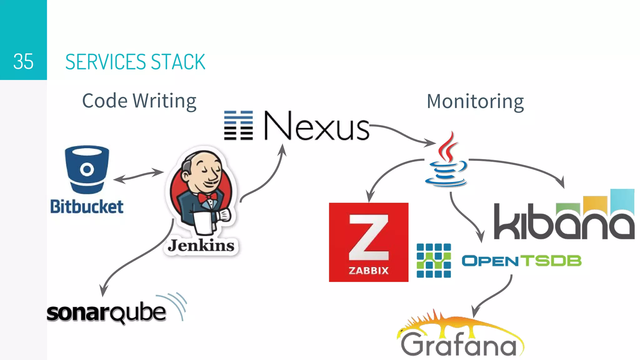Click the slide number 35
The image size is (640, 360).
pyautogui.click(x=23, y=62)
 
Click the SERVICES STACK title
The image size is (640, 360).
pyautogui.click(x=135, y=62)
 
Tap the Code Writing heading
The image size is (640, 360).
pyautogui.click(x=139, y=101)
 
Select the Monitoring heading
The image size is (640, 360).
pyautogui.click(x=475, y=102)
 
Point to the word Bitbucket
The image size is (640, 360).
pyautogui.click(x=87, y=207)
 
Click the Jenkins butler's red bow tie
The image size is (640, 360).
pyautogui.click(x=207, y=197)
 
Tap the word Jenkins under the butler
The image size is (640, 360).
pyautogui.click(x=201, y=246)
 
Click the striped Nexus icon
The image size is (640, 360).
pyautogui.click(x=238, y=125)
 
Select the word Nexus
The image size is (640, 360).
pyautogui.click(x=316, y=126)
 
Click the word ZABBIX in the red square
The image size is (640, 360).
pyautogui.click(x=369, y=270)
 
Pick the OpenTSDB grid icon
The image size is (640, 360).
pyautogui.click(x=434, y=261)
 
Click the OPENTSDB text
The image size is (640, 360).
pyautogui.click(x=521, y=261)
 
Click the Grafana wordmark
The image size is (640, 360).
pyautogui.click(x=459, y=344)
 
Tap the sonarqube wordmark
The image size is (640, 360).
pyautogui.click(x=106, y=312)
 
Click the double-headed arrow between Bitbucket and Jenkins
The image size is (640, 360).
pyautogui.click(x=138, y=176)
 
